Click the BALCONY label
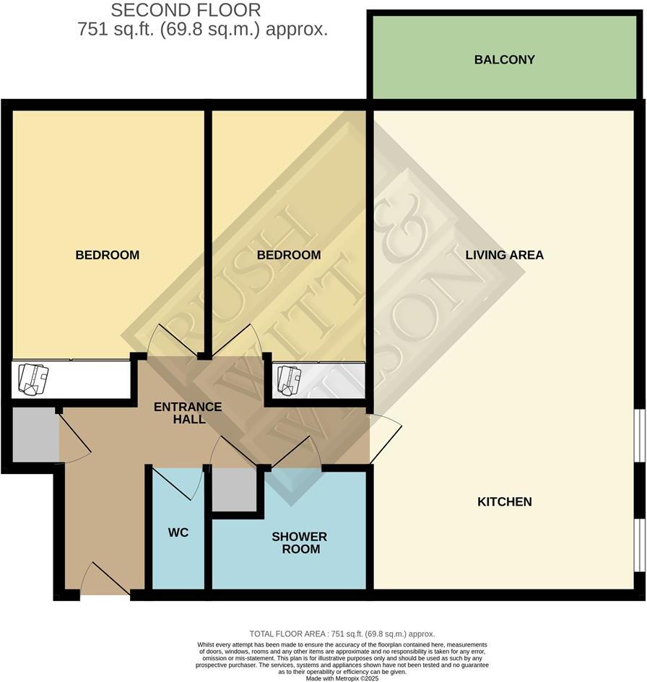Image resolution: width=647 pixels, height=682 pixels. [504, 59]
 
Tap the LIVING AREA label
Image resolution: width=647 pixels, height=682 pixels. [504, 255]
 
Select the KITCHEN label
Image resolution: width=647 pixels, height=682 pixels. [504, 501]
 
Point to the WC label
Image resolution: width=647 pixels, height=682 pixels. [178, 532]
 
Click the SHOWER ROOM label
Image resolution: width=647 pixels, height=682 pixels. [299, 543]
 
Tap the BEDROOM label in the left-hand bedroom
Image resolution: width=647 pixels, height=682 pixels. [108, 255]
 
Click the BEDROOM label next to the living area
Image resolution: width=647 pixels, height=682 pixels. [289, 255]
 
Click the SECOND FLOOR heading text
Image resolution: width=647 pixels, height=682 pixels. [186, 10]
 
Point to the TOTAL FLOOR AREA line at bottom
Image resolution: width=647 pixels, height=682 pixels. [342, 634]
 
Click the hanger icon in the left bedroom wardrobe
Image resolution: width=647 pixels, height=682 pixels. [33, 379]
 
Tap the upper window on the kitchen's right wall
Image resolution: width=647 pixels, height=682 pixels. [641, 433]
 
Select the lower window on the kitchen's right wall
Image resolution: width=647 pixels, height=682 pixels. [641, 540]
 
